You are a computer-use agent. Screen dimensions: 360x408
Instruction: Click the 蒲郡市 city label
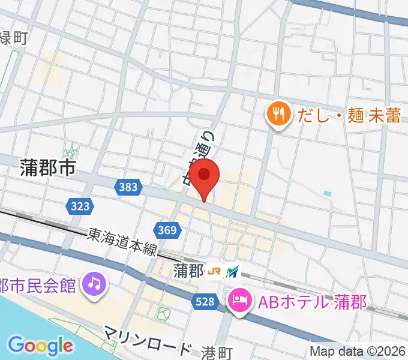pyautogui.click(x=47, y=169)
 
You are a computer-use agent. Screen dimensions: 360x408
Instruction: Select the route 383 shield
pyautogui.click(x=128, y=187)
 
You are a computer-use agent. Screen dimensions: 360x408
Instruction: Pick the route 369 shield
pyautogui.click(x=167, y=229)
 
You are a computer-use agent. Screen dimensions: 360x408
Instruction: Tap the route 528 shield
pyautogui.click(x=206, y=302)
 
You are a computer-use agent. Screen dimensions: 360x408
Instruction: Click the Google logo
pyautogui.click(x=40, y=345)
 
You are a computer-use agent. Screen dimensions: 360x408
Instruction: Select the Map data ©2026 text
pyautogui.click(x=358, y=351)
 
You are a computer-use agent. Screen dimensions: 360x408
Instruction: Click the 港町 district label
pyautogui.click(x=215, y=352)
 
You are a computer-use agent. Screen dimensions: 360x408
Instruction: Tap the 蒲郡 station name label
pyautogui.click(x=188, y=271)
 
